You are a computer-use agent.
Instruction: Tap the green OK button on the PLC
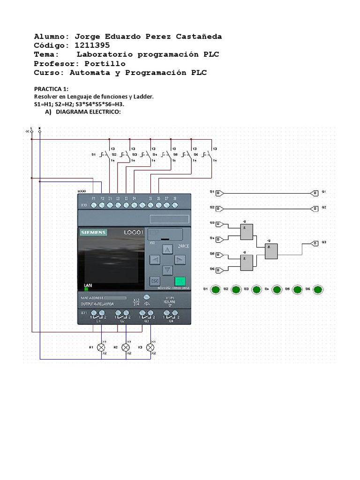[180, 281]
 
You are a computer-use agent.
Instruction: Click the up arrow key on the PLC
[167, 249]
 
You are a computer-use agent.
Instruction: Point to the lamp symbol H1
[101, 347]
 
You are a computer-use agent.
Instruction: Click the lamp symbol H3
[150, 347]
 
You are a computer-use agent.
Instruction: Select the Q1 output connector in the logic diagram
[314, 193]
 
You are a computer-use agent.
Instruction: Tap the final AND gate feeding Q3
[271, 252]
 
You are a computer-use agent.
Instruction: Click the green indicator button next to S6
[318, 290]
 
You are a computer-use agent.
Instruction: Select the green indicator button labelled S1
[215, 290]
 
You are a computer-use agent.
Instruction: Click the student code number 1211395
[89, 45]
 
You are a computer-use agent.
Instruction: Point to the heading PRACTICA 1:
[52, 89]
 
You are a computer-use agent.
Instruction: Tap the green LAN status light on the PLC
[86, 289]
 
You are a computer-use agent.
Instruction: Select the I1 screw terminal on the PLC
[110, 205]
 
